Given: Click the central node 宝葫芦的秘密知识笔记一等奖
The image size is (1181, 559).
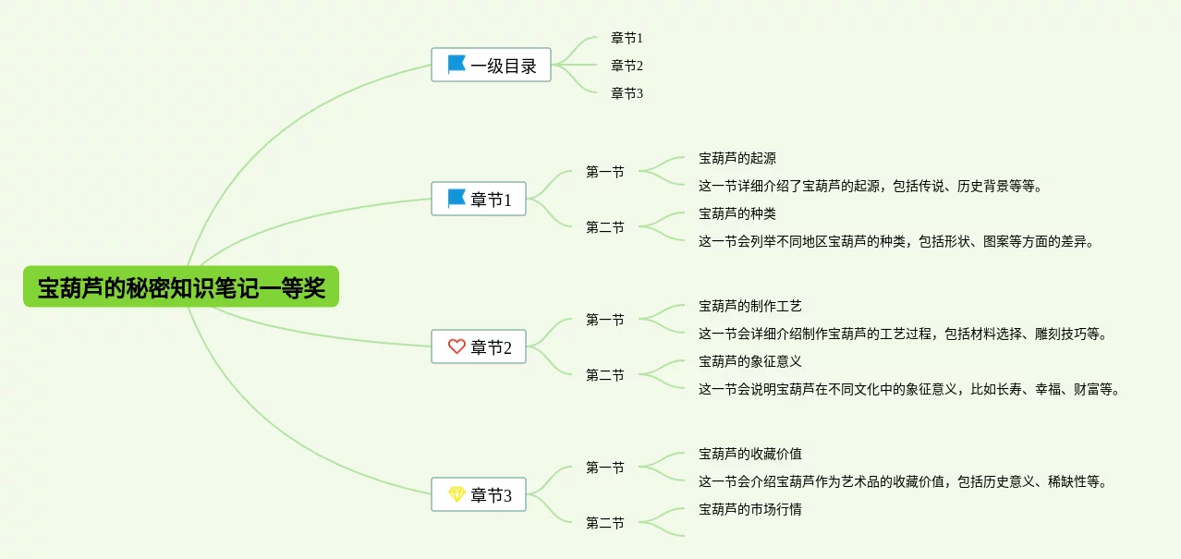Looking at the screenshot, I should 181,287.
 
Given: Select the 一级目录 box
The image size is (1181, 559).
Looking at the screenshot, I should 491,66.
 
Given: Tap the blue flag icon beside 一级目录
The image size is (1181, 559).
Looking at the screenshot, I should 457,65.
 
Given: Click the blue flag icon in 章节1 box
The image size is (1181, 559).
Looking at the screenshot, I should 457,199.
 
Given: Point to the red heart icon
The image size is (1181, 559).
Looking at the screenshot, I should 457,346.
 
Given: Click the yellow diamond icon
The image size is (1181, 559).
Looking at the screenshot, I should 457,494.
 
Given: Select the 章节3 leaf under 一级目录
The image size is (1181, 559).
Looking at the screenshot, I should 627,93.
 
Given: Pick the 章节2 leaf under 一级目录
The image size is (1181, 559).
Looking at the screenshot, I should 627,66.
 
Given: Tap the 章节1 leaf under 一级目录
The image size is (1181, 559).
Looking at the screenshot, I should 627,38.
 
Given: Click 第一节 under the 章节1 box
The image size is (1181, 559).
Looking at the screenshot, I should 605,172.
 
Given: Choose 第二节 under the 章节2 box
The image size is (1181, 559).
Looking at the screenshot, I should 605,375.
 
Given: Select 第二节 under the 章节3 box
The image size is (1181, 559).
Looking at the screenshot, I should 605,523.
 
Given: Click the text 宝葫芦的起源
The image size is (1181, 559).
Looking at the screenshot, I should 737,158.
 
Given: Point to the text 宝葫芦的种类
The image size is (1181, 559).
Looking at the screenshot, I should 737,213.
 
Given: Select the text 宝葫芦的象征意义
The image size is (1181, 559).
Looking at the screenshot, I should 750,361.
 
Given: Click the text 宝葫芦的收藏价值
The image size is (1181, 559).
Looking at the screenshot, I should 750,454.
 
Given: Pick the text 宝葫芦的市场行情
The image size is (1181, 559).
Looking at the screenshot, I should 750,509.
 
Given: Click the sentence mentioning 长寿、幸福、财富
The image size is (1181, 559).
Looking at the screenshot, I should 909,389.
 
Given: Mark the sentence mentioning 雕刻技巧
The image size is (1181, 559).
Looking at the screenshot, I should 903,334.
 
